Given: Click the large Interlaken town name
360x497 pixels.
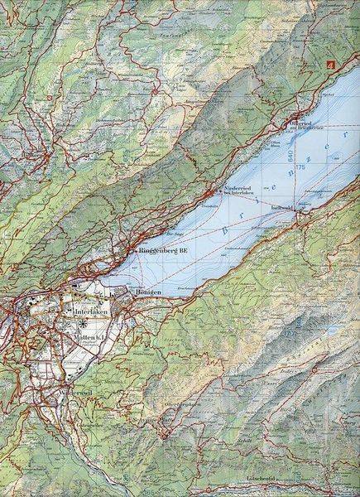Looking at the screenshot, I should pyautogui.click(x=87, y=311).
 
